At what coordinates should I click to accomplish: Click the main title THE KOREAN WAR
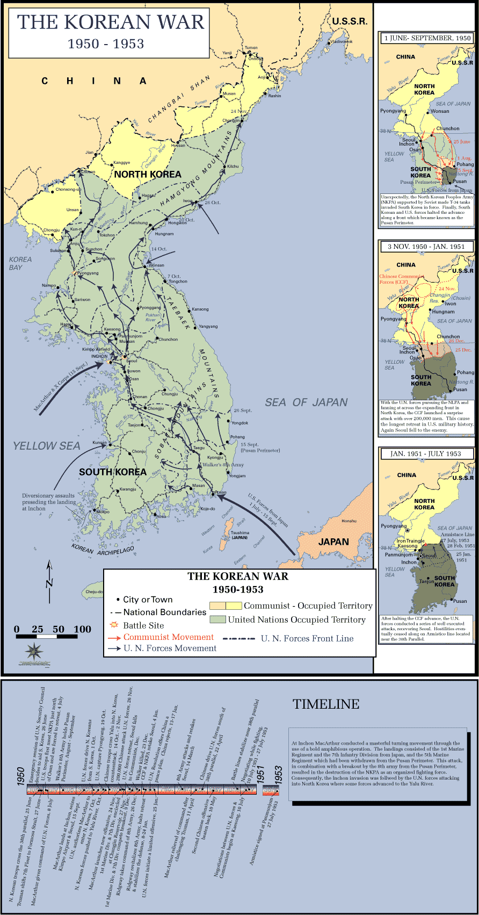tap(111, 23)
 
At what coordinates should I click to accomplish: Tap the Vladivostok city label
tap(342, 42)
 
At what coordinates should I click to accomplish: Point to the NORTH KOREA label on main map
tap(148, 174)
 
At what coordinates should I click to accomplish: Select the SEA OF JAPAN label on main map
tap(306, 402)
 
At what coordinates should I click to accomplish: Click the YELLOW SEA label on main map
tap(47, 446)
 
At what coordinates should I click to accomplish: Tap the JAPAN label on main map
tap(333, 542)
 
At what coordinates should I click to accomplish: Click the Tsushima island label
tap(240, 534)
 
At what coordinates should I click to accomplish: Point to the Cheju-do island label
tap(94, 592)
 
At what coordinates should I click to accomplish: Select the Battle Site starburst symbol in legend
tap(113, 625)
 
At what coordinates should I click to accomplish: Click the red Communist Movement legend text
tap(168, 637)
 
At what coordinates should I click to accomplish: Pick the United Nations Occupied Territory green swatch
tap(217, 619)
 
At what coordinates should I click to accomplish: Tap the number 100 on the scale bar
tap(82, 630)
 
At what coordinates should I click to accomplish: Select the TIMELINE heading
tap(326, 704)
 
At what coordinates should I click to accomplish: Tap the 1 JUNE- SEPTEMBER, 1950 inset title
tap(427, 38)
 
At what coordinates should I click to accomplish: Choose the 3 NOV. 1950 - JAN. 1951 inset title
tap(427, 247)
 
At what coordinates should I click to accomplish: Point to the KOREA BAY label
tap(20, 263)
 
